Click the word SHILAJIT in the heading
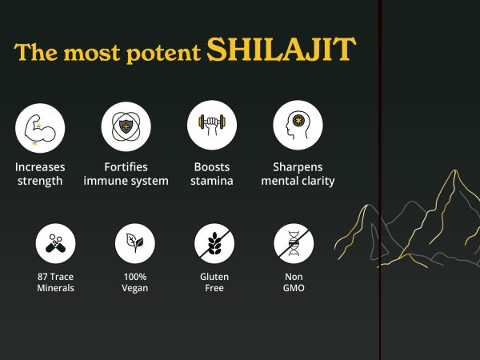click(280, 50)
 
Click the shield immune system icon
click(126, 126)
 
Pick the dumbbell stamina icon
click(212, 126)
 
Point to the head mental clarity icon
click(298, 126)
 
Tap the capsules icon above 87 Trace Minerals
click(55, 243)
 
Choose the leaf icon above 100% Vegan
click(134, 243)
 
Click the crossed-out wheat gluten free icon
click(214, 243)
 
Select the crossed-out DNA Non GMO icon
click(294, 243)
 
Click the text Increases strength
click(40, 174)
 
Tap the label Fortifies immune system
click(126, 174)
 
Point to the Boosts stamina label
click(212, 174)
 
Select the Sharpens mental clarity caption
click(298, 174)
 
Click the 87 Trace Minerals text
click(55, 282)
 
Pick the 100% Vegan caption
click(134, 282)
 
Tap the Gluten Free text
click(214, 282)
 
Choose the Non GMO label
click(294, 282)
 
